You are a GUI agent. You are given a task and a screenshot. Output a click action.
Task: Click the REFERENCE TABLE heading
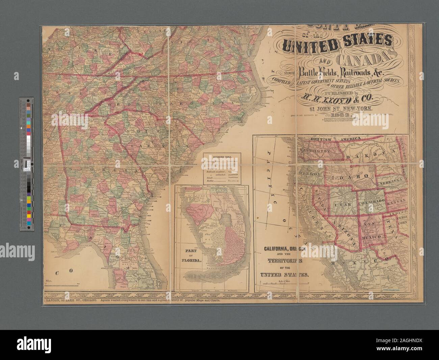tap(222, 157)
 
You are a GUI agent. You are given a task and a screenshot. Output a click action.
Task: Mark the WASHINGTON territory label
tap(314, 152)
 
